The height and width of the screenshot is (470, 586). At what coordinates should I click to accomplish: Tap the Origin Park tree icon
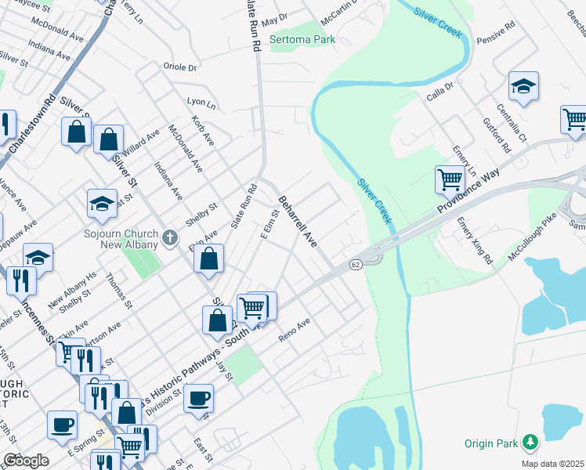point(530,443)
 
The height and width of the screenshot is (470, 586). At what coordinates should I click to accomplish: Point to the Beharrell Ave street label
point(298,222)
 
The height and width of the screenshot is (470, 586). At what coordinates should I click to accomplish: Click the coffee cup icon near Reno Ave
point(199,396)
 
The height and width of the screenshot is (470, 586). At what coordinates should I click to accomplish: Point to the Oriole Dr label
point(179,68)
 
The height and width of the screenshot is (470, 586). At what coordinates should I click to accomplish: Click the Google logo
point(26,461)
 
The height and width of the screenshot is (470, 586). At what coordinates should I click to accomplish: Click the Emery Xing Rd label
point(475,240)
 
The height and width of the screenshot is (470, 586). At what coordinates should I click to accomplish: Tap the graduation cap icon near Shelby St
point(102,204)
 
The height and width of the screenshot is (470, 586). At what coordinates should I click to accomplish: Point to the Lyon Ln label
point(201,102)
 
